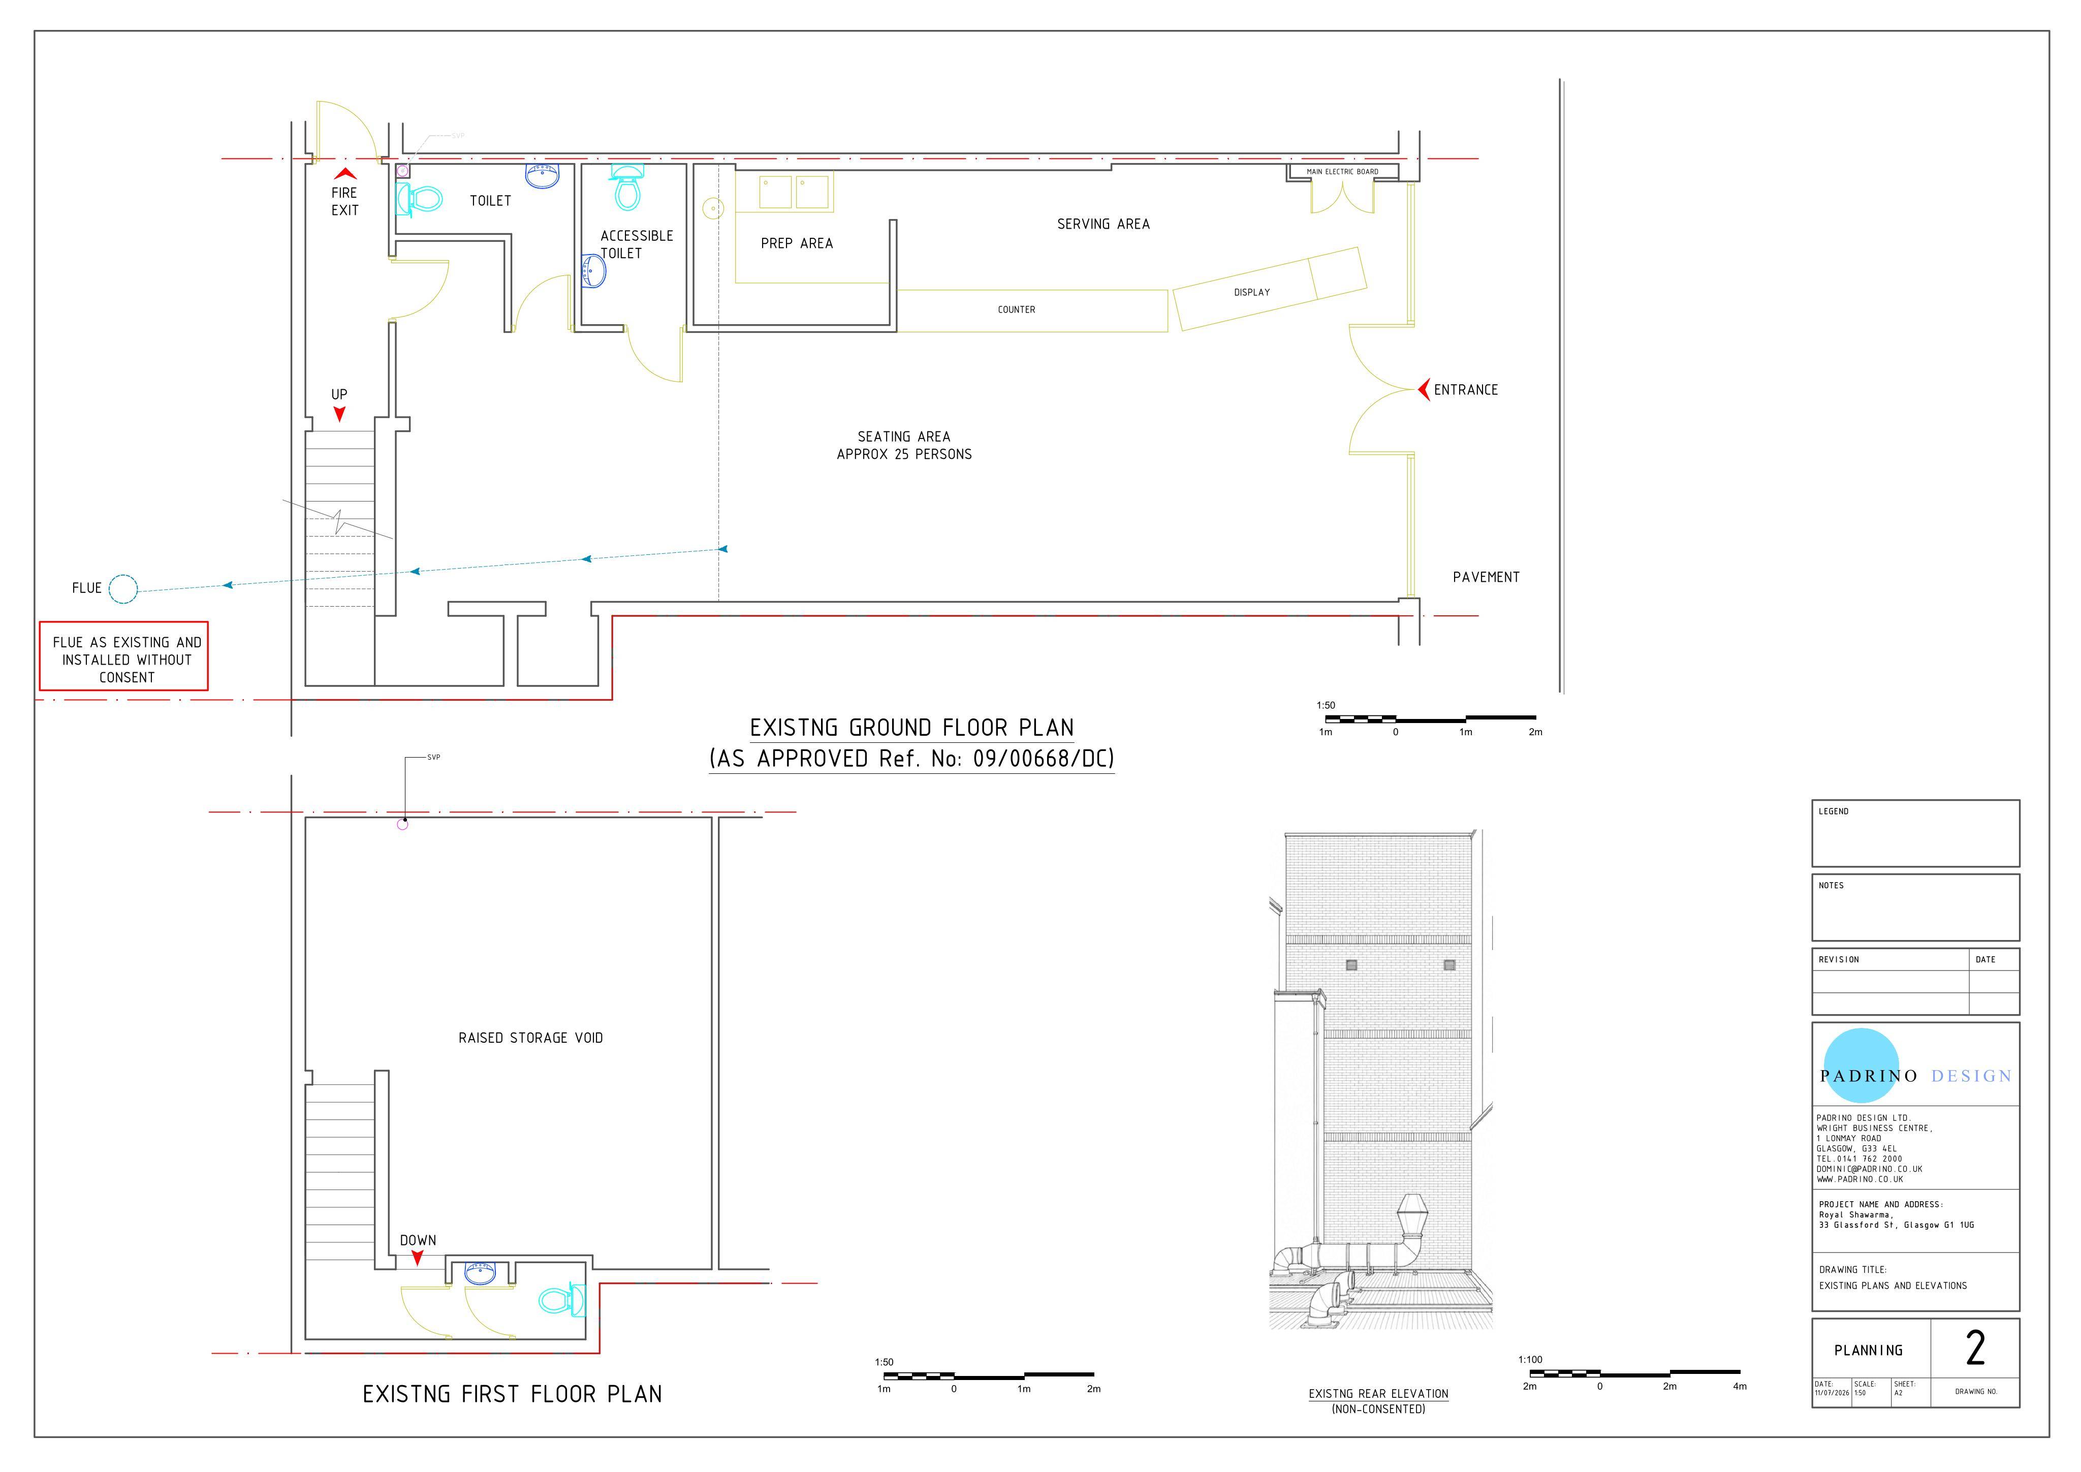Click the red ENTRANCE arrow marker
click(x=1423, y=390)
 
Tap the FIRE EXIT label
click(x=344, y=201)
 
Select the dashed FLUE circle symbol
click(x=123, y=589)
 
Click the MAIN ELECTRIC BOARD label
click(x=1342, y=171)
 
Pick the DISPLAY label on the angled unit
click(x=1252, y=292)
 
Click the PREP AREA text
click(x=797, y=243)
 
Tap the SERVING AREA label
click(x=1103, y=224)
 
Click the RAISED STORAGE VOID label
click(x=530, y=1038)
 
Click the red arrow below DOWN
click(x=417, y=1258)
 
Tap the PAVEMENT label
click(x=1486, y=577)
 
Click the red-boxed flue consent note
click(x=124, y=656)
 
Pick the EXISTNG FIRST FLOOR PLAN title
click(x=512, y=1394)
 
